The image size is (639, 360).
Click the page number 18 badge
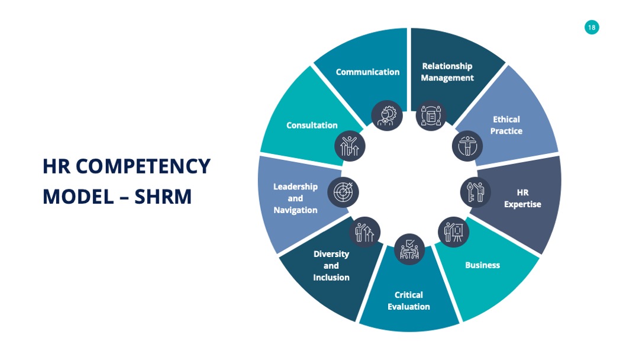click(591, 27)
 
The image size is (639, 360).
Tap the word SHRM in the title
click(163, 197)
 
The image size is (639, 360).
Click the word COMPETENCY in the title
click(143, 166)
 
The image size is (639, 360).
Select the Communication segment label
click(367, 72)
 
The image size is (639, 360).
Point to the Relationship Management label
click(447, 72)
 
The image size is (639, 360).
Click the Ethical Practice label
click(506, 125)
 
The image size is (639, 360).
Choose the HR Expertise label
click(522, 198)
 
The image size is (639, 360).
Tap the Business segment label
click(483, 265)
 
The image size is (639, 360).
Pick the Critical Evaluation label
click(408, 300)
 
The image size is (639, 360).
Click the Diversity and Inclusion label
click(331, 265)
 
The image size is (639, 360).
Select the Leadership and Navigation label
click(295, 198)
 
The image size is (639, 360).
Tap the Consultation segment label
click(312, 125)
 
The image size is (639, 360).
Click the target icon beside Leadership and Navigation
click(343, 192)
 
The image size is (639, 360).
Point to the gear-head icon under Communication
click(387, 115)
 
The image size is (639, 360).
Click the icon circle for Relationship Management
click(431, 115)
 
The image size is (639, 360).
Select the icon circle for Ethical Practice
click(467, 146)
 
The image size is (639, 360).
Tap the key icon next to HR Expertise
click(476, 192)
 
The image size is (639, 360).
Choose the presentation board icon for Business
click(454, 232)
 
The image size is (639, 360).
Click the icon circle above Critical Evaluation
click(409, 249)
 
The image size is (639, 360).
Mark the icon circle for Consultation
click(350, 146)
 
